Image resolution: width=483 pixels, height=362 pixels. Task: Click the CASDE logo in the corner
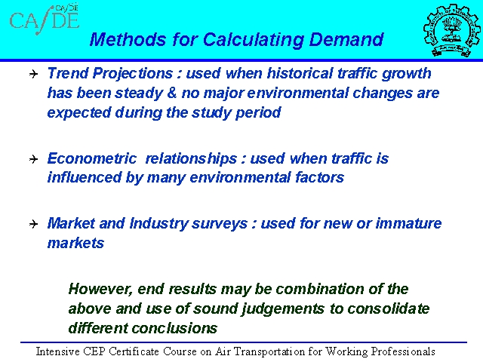coord(45,19)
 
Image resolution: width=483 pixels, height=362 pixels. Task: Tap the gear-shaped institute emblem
coord(451,29)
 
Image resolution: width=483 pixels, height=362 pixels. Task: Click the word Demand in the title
coord(346,39)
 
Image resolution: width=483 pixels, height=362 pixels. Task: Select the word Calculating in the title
coord(254,40)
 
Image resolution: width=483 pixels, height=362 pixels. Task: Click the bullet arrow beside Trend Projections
coord(33,74)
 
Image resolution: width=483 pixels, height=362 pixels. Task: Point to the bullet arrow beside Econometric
coord(33,159)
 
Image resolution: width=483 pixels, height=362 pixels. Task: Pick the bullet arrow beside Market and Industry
coord(33,224)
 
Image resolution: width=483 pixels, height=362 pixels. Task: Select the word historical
coord(300,73)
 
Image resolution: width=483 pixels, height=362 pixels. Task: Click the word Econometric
coord(92,158)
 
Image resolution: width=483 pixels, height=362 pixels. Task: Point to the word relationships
coord(191,158)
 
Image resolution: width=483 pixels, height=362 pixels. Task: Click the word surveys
coord(220,224)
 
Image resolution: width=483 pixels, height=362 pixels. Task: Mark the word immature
coord(408,223)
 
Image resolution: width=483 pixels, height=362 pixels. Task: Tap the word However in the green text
coord(100,290)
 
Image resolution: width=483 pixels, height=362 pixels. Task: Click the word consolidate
coord(389,308)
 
